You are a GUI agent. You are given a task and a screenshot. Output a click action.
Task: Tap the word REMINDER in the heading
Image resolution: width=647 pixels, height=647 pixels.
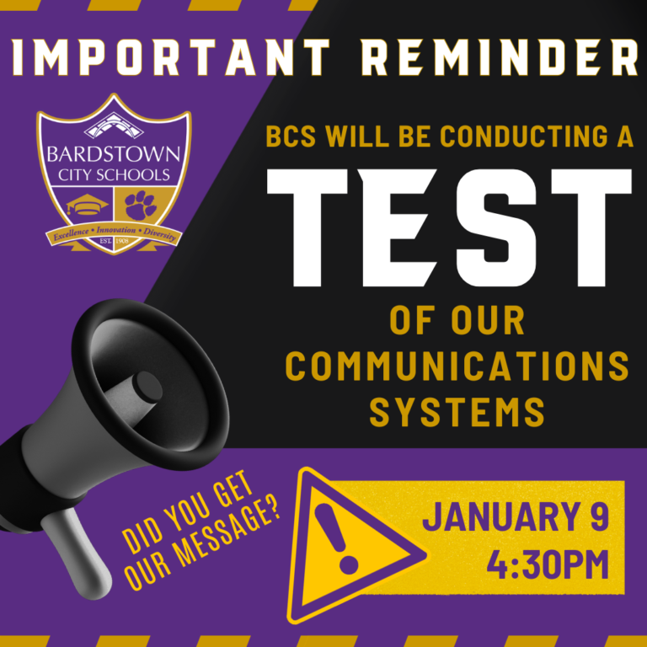[500, 57]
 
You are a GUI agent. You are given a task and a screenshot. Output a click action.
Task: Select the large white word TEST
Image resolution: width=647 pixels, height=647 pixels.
[449, 227]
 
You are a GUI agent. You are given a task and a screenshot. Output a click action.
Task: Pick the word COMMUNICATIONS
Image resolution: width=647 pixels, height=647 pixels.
[457, 366]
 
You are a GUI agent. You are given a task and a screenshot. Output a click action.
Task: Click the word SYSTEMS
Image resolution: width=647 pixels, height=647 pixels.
[457, 411]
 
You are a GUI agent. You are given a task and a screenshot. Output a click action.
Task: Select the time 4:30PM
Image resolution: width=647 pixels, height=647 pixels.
[548, 564]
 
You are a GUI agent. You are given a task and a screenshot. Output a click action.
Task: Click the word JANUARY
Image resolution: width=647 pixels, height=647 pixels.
[500, 516]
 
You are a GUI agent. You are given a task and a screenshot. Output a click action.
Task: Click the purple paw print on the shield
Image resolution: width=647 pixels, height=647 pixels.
[141, 205]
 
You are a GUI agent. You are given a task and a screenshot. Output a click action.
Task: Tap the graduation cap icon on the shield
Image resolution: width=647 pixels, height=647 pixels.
[87, 204]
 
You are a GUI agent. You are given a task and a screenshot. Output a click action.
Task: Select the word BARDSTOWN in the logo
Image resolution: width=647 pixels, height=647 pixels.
[114, 155]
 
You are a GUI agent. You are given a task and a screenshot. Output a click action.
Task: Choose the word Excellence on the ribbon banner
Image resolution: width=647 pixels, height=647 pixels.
[71, 234]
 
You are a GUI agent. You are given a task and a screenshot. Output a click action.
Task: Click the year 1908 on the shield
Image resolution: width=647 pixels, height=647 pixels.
[122, 241]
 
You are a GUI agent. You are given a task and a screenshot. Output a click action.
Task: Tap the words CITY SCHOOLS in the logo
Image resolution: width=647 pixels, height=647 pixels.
[114, 175]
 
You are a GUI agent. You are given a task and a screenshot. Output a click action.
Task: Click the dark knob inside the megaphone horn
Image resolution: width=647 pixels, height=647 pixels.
[147, 387]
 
